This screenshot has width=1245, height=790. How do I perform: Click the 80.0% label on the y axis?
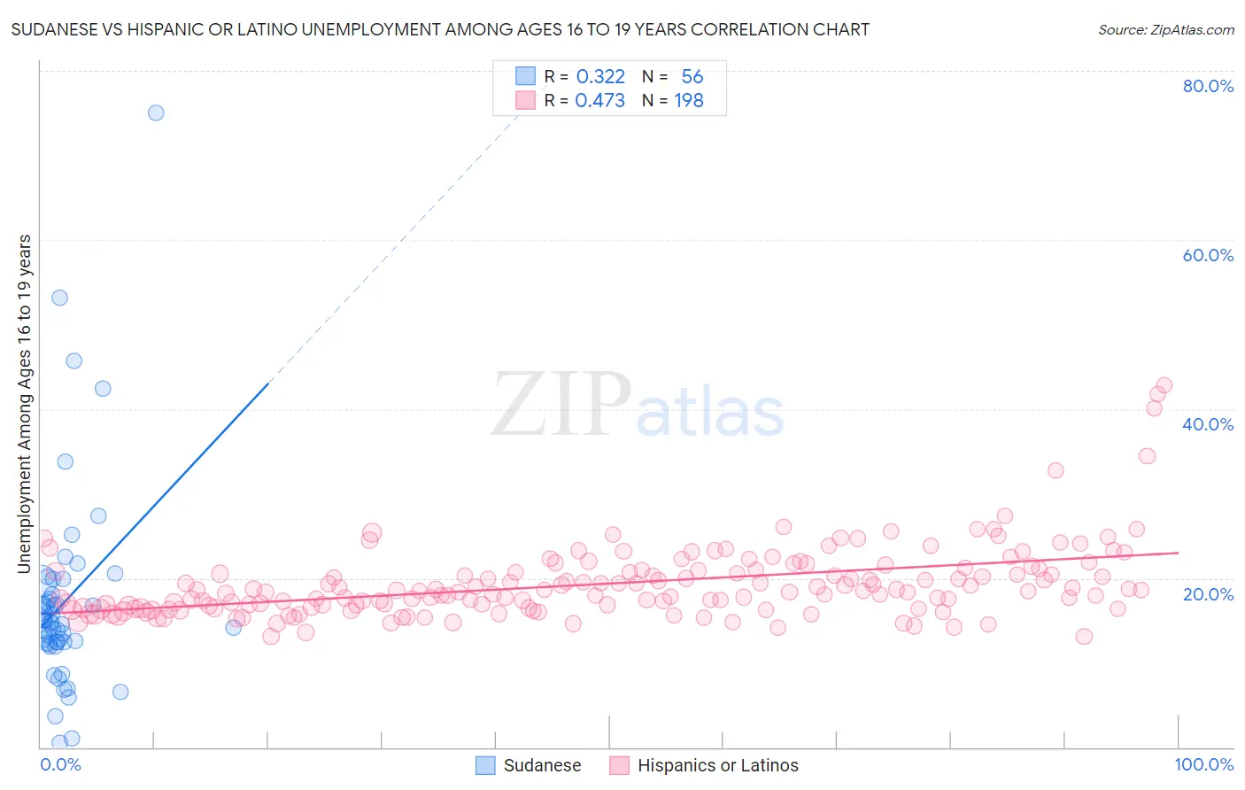[x=1208, y=86]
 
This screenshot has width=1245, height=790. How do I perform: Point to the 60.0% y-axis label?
[x=1208, y=255]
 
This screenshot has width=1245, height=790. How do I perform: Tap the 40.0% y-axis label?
[x=1208, y=424]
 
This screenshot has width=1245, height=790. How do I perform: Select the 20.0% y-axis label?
[x=1208, y=593]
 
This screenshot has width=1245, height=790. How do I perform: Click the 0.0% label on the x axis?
[x=60, y=764]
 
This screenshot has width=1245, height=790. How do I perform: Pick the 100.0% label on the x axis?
[x=1203, y=764]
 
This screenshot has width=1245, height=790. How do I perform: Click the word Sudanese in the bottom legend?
[x=542, y=765]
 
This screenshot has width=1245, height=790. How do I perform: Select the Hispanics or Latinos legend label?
[x=717, y=765]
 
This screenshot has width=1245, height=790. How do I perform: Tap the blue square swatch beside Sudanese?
[x=485, y=765]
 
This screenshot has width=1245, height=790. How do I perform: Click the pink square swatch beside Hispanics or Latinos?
[x=619, y=765]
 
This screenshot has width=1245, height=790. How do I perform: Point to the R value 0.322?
[x=600, y=76]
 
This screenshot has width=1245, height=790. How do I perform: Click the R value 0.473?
[x=599, y=101]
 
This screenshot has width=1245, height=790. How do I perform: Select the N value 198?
[x=689, y=101]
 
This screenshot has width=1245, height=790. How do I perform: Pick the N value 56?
[x=692, y=76]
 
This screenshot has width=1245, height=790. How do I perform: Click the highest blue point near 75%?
[x=156, y=112]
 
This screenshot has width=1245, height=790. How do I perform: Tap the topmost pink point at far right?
[x=1164, y=385]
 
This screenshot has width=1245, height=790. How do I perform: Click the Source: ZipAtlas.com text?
[x=1165, y=30]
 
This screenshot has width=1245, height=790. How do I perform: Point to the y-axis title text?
[x=25, y=403]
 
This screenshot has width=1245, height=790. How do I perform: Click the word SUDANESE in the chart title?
[x=53, y=30]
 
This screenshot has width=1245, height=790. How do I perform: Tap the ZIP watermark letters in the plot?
[x=561, y=405]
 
